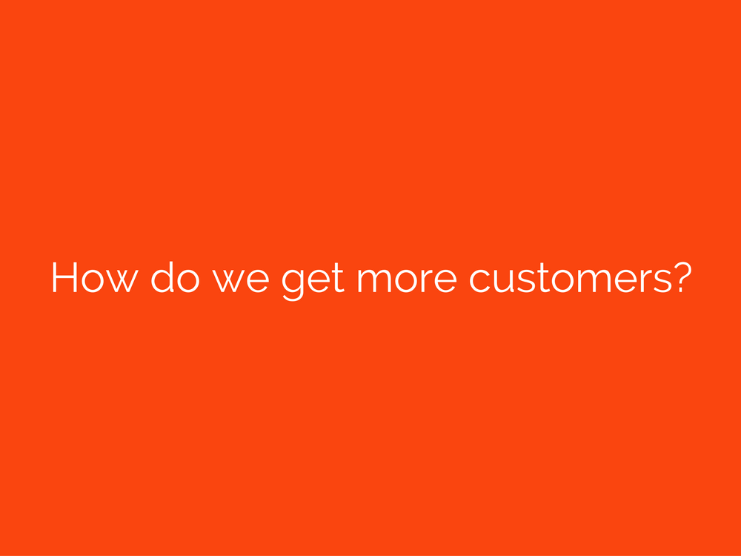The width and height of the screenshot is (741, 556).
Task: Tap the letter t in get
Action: [x=338, y=278]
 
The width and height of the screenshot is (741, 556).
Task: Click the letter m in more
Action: [x=373, y=281]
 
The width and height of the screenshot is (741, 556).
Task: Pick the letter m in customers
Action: [x=601, y=281]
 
